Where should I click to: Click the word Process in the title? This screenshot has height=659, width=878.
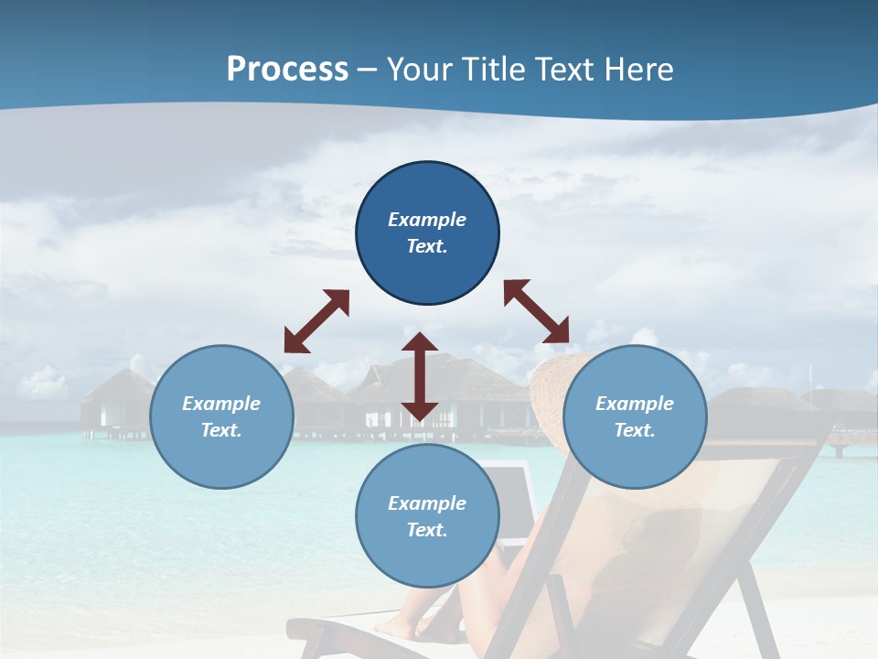287,69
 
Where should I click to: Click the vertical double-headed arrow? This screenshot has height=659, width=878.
420,377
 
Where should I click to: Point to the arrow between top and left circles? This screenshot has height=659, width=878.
316,321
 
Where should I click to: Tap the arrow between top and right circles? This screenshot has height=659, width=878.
537,311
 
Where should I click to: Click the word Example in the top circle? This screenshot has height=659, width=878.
427,220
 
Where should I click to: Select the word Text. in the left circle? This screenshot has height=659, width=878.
221,430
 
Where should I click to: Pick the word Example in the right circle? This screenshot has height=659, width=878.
635,404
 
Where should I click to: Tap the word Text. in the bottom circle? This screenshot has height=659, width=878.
427,530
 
